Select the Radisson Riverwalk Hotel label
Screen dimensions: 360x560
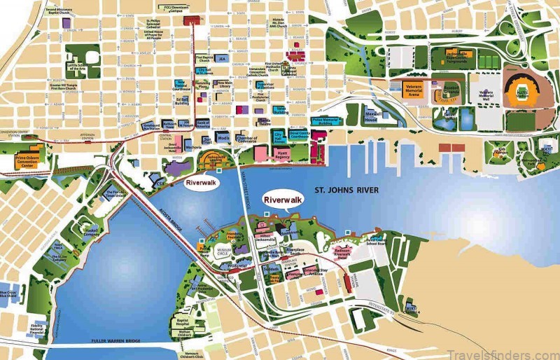point(333,256)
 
